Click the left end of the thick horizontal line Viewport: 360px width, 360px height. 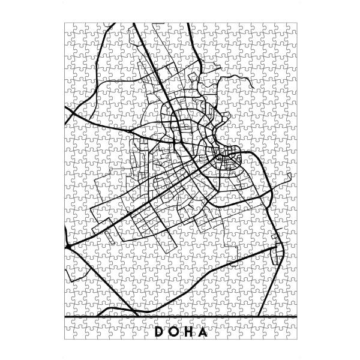point(64,316)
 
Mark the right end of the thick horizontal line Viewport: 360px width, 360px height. point(296,316)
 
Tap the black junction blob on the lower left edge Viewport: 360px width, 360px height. point(68,247)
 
